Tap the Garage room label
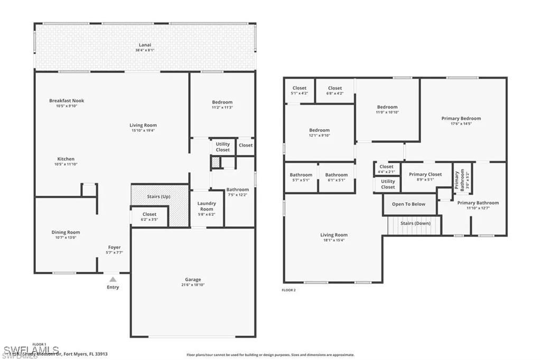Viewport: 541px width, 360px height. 193,280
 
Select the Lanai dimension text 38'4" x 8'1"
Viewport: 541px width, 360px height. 145,51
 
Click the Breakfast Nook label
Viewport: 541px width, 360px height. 67,100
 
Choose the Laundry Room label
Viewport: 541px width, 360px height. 207,206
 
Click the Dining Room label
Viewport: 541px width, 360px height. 66,232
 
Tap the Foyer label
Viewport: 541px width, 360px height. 114,247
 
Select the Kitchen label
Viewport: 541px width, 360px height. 66,159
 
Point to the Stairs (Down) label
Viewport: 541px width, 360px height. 415,223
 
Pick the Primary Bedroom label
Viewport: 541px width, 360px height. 461,119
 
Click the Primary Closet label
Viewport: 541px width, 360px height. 425,174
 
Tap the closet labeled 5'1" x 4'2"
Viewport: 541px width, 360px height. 299,88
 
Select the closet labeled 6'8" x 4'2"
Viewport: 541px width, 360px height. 335,88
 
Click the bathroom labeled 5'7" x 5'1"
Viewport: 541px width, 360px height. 301,175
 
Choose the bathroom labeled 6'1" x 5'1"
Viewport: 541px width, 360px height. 336,175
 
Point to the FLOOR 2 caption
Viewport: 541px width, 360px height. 288,290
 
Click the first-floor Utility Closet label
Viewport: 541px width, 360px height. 223,147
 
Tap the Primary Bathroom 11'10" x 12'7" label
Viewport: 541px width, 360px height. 478,203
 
